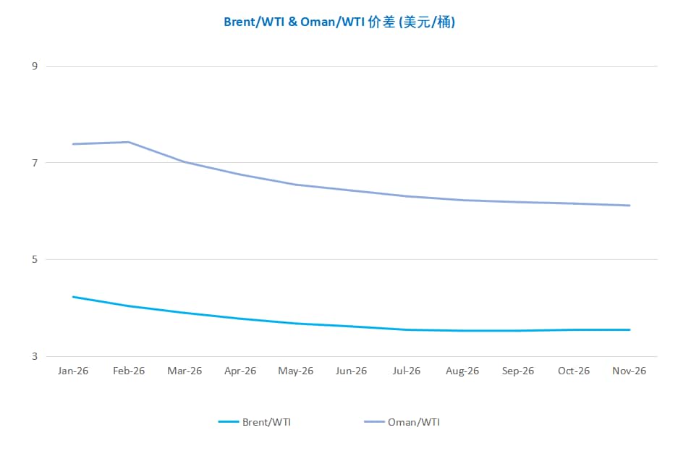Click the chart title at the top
click(339, 22)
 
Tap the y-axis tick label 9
click(34, 66)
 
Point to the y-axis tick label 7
click(34, 163)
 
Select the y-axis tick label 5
click(34, 259)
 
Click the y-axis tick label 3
click(34, 356)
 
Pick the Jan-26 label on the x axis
click(73, 371)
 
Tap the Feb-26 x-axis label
click(129, 371)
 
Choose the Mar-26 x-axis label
click(185, 371)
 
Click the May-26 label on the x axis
click(296, 371)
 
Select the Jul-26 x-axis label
click(407, 371)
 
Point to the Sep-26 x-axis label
click(518, 371)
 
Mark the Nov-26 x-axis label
click(630, 371)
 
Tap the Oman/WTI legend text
click(414, 422)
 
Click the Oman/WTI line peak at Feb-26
click(129, 142)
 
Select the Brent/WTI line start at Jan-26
click(73, 297)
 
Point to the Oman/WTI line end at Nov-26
click(630, 206)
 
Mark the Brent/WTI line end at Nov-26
click(630, 329)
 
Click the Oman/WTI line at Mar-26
click(185, 161)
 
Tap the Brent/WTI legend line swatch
click(229, 422)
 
